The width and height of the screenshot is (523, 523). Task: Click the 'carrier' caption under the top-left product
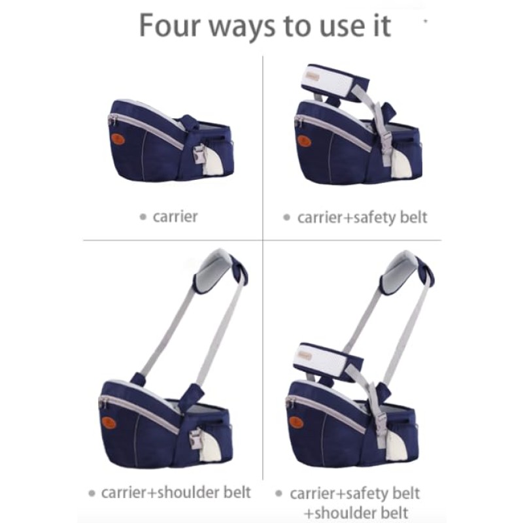point(175,216)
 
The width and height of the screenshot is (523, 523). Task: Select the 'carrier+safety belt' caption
point(362,217)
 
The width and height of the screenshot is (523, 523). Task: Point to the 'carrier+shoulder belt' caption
point(176,492)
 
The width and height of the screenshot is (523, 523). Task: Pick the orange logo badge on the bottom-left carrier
point(109,422)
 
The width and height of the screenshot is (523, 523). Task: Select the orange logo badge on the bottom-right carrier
point(296,422)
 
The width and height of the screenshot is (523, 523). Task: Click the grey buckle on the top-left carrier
point(199,154)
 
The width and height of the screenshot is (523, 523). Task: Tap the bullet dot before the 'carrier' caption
point(143,217)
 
